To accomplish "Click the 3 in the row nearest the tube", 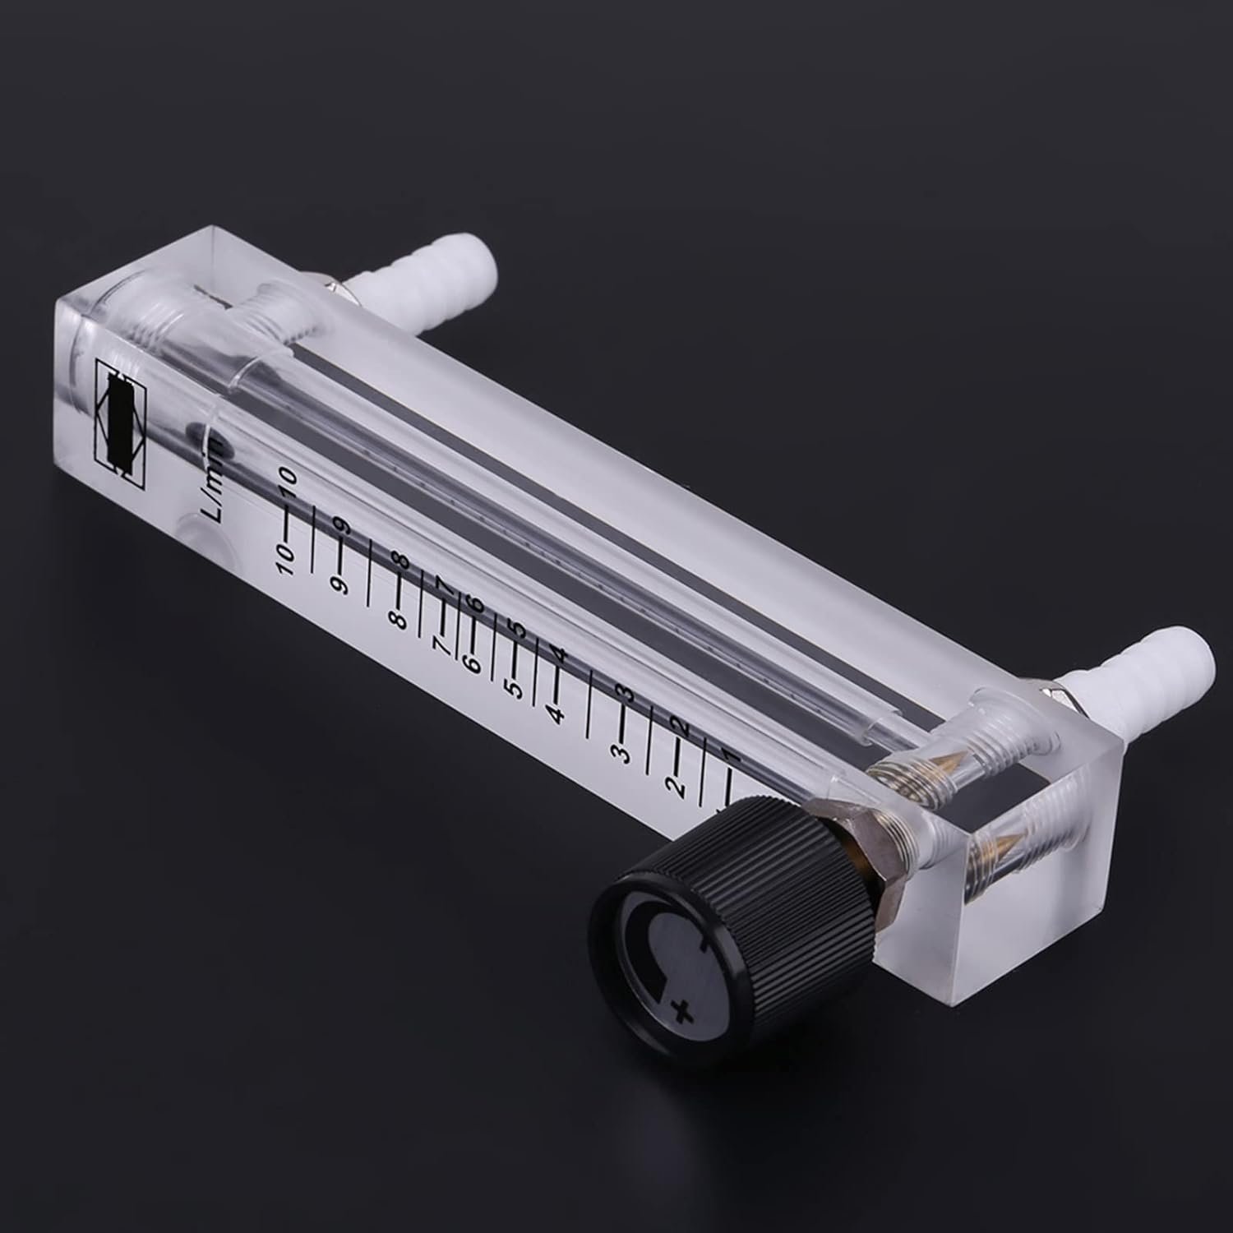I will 630,693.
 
